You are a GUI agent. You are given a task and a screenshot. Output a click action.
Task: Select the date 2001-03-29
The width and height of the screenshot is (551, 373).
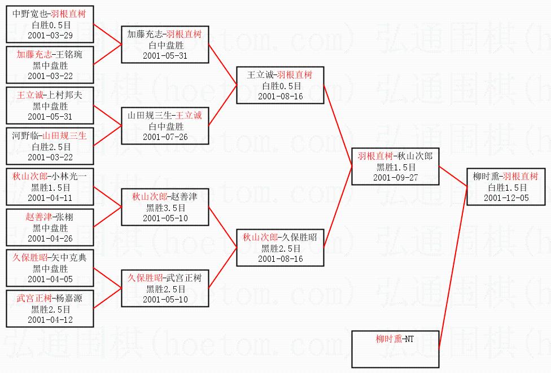pos(50,35)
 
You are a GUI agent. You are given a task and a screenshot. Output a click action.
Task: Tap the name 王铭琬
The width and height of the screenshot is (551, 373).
pos(70,55)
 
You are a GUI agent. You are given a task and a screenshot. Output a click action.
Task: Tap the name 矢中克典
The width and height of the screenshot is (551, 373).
pos(69,258)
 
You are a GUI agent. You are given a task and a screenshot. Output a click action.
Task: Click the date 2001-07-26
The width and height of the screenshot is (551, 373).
pos(165,137)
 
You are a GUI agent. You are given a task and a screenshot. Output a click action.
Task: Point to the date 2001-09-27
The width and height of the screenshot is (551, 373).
pos(395,177)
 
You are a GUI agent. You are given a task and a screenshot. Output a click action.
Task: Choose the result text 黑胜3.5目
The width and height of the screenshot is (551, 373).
pos(165,208)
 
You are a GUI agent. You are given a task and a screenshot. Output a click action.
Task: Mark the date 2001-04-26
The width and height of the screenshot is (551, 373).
pos(50,238)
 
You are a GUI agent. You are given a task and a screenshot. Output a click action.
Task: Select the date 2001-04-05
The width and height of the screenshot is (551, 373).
pos(50,279)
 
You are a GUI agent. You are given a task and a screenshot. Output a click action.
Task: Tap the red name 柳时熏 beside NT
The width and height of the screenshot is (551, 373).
pos(389,339)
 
